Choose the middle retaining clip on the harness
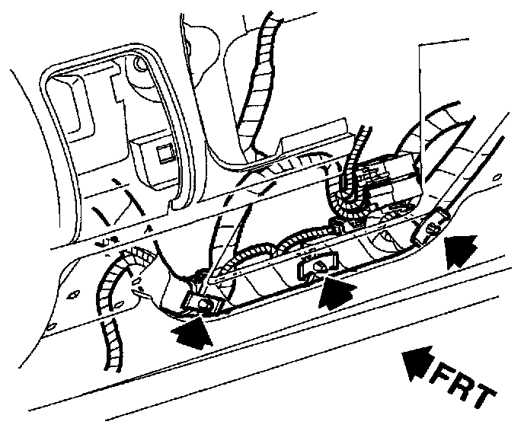[315, 266]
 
